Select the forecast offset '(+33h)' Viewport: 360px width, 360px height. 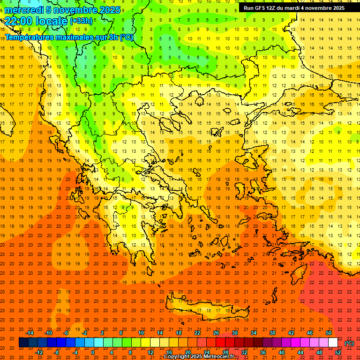coord(81,21)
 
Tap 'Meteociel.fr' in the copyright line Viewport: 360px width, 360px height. coord(217,357)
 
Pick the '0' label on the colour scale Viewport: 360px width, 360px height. coord(93,352)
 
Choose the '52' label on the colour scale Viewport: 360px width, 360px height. coord(338,352)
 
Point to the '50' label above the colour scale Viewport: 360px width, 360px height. coord(328,333)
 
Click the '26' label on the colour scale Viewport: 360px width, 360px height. coord(216,333)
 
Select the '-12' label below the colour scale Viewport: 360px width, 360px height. coord(39,352)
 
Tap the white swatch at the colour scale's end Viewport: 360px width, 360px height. coord(333,343)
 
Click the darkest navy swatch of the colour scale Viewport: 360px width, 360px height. coord(23,343)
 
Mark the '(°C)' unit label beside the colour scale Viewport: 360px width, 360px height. coord(349,343)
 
